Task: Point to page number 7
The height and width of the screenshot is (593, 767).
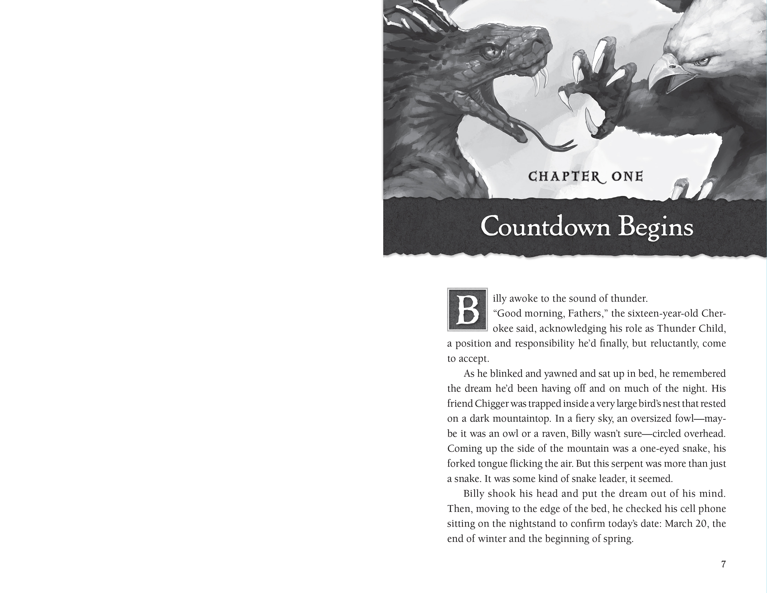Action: coord(723,564)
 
